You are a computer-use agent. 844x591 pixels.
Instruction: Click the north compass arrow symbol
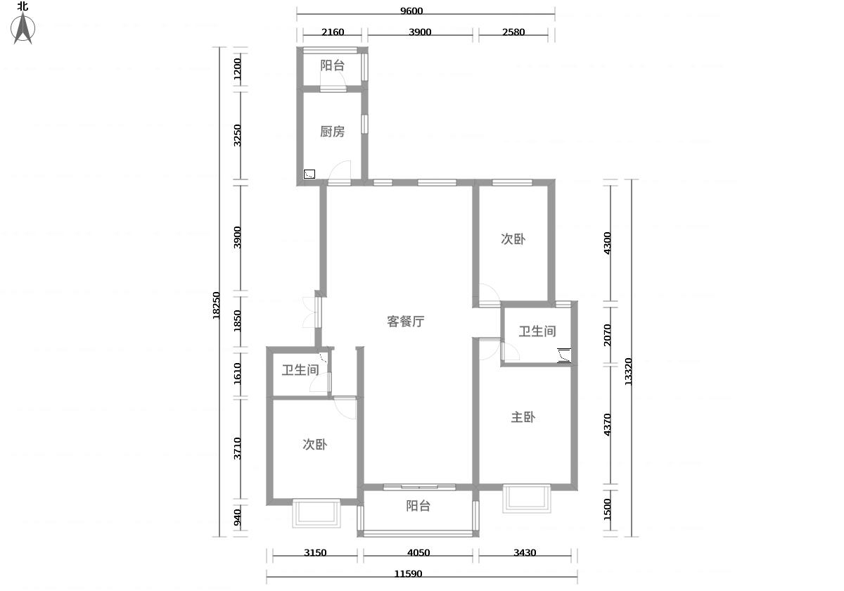[23, 28]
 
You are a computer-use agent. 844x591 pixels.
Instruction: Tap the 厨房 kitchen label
[332, 132]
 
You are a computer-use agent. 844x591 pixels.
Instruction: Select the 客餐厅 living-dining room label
[405, 322]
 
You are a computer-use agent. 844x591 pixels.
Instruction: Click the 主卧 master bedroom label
[523, 417]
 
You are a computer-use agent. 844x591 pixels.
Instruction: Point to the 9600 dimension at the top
[411, 11]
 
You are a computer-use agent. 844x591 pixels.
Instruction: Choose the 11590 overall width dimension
[408, 574]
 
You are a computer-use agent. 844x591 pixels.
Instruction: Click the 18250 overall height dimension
[216, 305]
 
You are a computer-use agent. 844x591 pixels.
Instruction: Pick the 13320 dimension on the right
[628, 371]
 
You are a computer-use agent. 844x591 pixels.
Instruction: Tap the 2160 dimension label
[333, 32]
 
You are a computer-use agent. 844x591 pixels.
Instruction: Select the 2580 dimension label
[513, 32]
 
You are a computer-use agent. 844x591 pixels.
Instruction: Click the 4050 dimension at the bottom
[418, 553]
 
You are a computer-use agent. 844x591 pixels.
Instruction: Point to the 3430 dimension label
[525, 553]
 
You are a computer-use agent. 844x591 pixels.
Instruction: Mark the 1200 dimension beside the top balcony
[237, 69]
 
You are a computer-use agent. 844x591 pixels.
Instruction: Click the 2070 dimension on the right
[607, 335]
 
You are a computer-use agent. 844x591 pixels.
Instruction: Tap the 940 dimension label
[237, 518]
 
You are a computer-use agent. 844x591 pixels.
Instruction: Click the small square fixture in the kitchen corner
[309, 174]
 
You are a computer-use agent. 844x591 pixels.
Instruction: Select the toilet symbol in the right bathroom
[564, 355]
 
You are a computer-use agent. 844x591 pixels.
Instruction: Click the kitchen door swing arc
[336, 166]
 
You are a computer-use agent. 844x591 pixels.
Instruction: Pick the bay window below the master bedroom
[527, 499]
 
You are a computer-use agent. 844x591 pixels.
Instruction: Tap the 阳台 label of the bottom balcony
[418, 506]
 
